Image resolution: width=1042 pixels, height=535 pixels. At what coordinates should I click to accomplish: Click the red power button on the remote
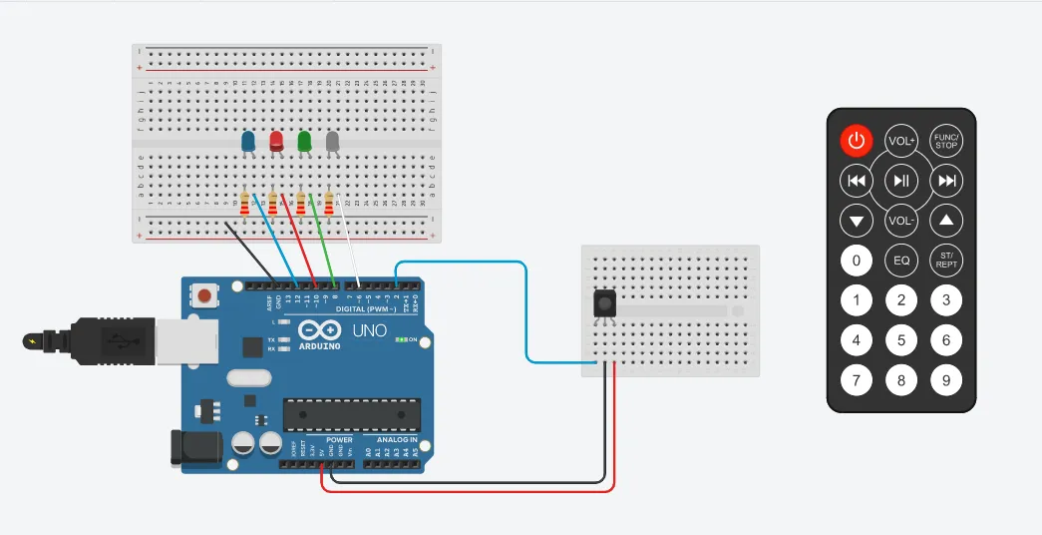click(856, 141)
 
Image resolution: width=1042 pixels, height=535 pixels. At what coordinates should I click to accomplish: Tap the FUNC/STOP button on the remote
click(946, 141)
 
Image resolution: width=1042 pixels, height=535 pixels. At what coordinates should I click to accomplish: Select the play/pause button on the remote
click(901, 181)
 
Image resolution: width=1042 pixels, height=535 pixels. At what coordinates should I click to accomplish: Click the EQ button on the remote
click(901, 261)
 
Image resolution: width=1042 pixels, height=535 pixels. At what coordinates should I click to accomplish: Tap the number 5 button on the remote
click(901, 340)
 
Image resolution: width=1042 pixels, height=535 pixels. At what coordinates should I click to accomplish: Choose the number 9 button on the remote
click(946, 379)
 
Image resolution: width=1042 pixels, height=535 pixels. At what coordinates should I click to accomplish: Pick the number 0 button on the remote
click(856, 261)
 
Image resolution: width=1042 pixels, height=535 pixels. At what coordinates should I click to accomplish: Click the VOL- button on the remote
click(901, 220)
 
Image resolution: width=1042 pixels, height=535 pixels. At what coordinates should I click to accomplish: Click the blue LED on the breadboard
click(248, 142)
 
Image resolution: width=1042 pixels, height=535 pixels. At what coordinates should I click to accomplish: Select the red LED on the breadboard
click(276, 142)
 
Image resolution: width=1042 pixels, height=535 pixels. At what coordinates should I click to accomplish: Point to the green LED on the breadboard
click(304, 142)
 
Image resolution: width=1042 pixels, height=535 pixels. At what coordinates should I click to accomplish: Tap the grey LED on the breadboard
click(332, 142)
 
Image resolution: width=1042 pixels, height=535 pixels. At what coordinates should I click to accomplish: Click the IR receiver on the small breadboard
click(602, 303)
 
